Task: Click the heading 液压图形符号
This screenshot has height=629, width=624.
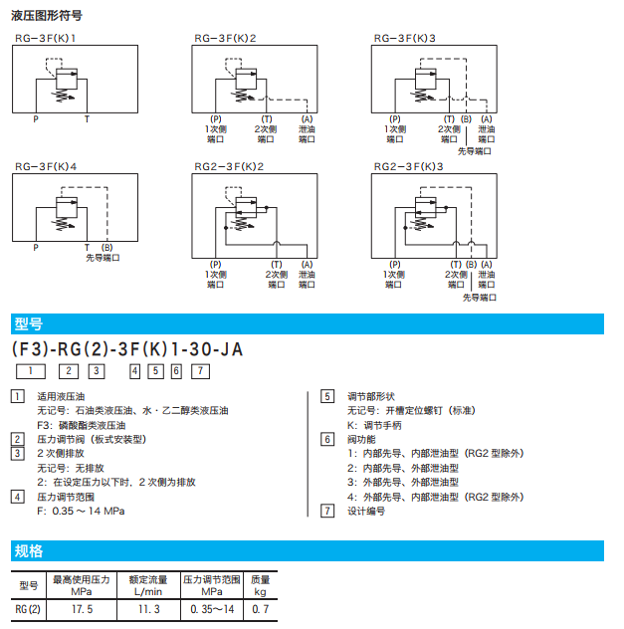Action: click(47, 16)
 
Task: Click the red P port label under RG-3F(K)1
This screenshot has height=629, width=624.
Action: click(37, 119)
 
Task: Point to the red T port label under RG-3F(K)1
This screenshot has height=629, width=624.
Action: click(86, 119)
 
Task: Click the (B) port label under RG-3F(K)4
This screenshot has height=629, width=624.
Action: click(106, 246)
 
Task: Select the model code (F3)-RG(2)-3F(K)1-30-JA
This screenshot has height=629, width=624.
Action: click(126, 349)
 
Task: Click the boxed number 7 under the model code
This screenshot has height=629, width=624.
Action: click(200, 371)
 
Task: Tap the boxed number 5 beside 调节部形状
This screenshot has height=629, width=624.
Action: click(326, 396)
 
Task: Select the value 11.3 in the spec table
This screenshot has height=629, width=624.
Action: click(147, 609)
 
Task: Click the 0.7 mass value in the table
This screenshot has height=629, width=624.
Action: click(260, 609)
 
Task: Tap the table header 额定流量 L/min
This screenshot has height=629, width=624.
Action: click(147, 585)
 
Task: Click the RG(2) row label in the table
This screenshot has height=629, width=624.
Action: click(29, 609)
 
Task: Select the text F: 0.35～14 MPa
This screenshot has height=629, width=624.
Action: click(81, 511)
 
